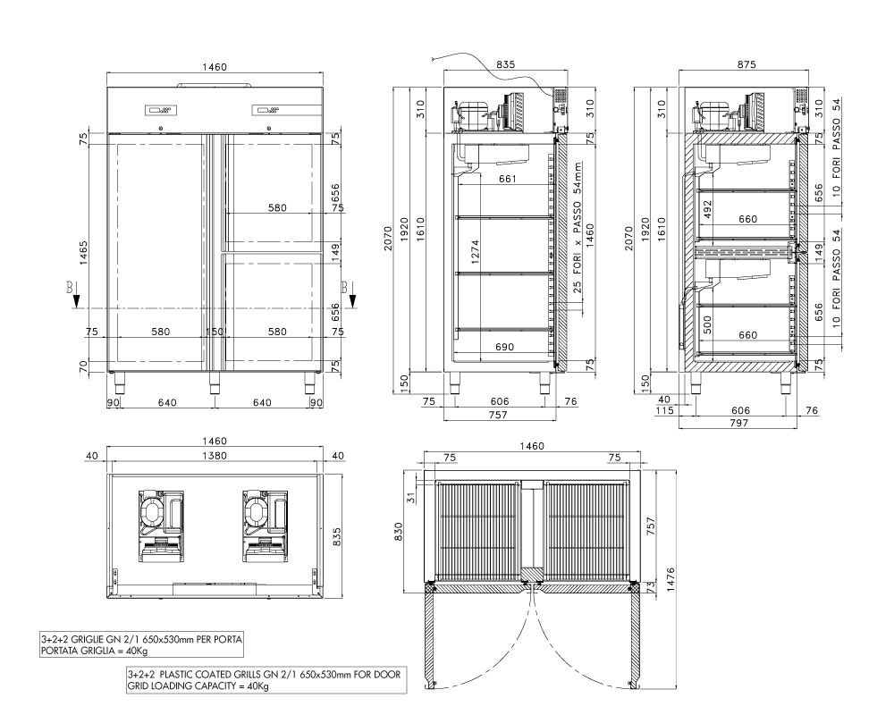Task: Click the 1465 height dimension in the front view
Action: tap(83, 253)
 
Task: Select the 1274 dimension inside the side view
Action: tap(476, 250)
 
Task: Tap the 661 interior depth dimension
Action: tap(508, 179)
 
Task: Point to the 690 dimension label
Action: tap(504, 347)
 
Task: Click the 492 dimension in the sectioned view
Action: tap(707, 208)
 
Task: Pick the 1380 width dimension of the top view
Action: tap(215, 456)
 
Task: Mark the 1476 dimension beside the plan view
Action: tap(670, 579)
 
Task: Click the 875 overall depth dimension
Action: tap(746, 64)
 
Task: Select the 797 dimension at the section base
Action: tap(738, 423)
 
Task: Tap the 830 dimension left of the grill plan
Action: tap(399, 532)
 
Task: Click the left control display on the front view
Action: tap(161, 110)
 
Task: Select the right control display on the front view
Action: tap(266, 110)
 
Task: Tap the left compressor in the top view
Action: tap(161, 526)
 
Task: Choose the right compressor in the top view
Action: tap(266, 526)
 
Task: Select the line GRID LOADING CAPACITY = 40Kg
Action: tap(198, 686)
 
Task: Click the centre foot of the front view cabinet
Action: tap(215, 383)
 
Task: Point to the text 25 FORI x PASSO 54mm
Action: tap(578, 228)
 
